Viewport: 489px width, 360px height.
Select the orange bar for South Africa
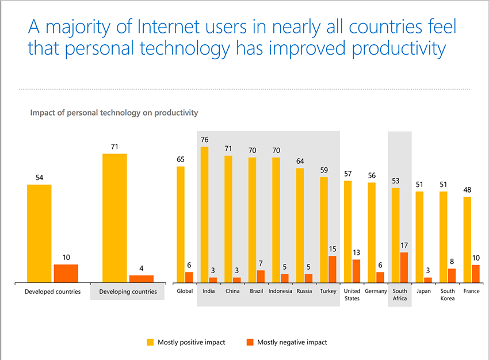point(404,267)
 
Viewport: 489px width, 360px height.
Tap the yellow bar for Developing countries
point(114,218)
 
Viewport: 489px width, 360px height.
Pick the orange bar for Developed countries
point(66,273)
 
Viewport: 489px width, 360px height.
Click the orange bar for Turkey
point(332,269)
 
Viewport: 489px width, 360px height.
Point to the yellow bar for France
point(467,239)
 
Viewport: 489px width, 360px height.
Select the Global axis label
point(185,292)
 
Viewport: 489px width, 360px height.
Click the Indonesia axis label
point(280,292)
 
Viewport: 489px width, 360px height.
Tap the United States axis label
point(352,295)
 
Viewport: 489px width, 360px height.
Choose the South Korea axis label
point(448,295)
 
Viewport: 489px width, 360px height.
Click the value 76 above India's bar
point(204,140)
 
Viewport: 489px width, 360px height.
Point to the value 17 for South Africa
point(404,246)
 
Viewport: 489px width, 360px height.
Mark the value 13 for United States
point(356,253)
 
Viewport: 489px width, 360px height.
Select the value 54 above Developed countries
point(39,178)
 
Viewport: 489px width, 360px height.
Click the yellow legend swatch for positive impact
point(151,342)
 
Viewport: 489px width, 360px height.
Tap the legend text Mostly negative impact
point(292,342)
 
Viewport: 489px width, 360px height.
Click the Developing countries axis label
point(128,292)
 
